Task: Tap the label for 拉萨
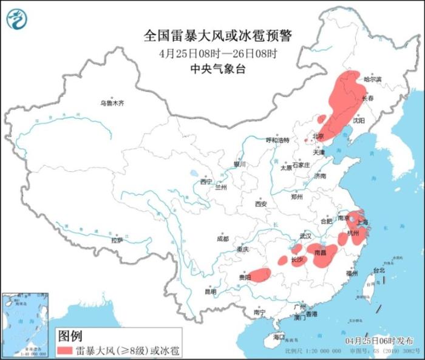coord(117,240)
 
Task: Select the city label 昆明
coord(210,291)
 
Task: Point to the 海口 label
coord(279,336)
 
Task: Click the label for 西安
coord(261,204)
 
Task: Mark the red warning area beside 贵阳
coord(260,275)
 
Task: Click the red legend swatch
coord(66,350)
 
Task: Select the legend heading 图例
coord(69,336)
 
